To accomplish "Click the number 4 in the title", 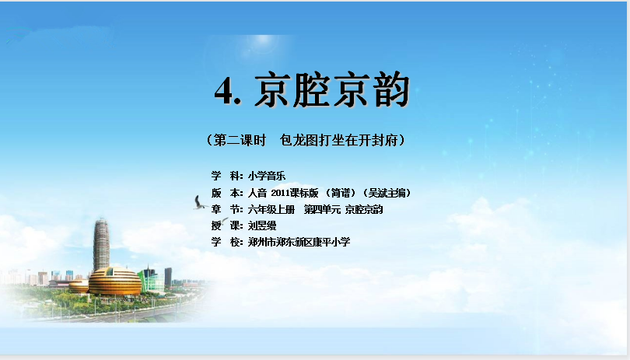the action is pos(224,91).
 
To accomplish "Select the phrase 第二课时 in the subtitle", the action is pos(240,140).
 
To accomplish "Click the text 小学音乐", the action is pos(266,176).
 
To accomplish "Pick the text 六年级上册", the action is pos(271,209).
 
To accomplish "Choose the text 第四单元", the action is pos(322,209).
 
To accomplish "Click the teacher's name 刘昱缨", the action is pos(262,225).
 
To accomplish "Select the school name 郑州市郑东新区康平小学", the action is pos(299,242).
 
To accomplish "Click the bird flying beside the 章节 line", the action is pos(200,203).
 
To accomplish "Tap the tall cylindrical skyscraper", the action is pos(101,245).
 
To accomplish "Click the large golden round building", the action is pos(115,281).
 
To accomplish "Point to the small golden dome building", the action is pos(79,286).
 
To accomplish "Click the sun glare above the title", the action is pos(262,42).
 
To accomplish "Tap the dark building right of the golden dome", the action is pos(168,277).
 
